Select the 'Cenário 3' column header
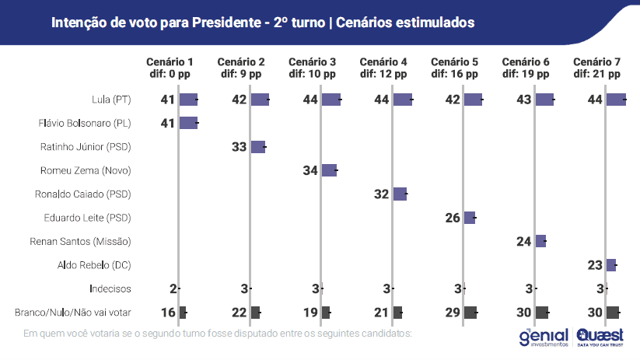pos(312,62)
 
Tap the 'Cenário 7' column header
pos(596,62)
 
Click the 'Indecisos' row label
pos(109,288)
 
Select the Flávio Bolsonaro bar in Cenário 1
pos(188,123)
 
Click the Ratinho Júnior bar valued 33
pos(257,147)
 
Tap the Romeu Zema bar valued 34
pos(329,170)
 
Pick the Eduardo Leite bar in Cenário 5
pos(470,218)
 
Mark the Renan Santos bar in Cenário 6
pos(540,241)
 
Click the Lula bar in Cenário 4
pos(402,100)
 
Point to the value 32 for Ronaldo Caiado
pos(381,194)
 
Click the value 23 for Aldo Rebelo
pos(595,265)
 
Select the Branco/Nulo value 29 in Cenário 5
pos(453,313)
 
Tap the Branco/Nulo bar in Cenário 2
pos(255,313)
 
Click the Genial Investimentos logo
pos(544,336)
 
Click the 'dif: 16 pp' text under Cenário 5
pos(455,74)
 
